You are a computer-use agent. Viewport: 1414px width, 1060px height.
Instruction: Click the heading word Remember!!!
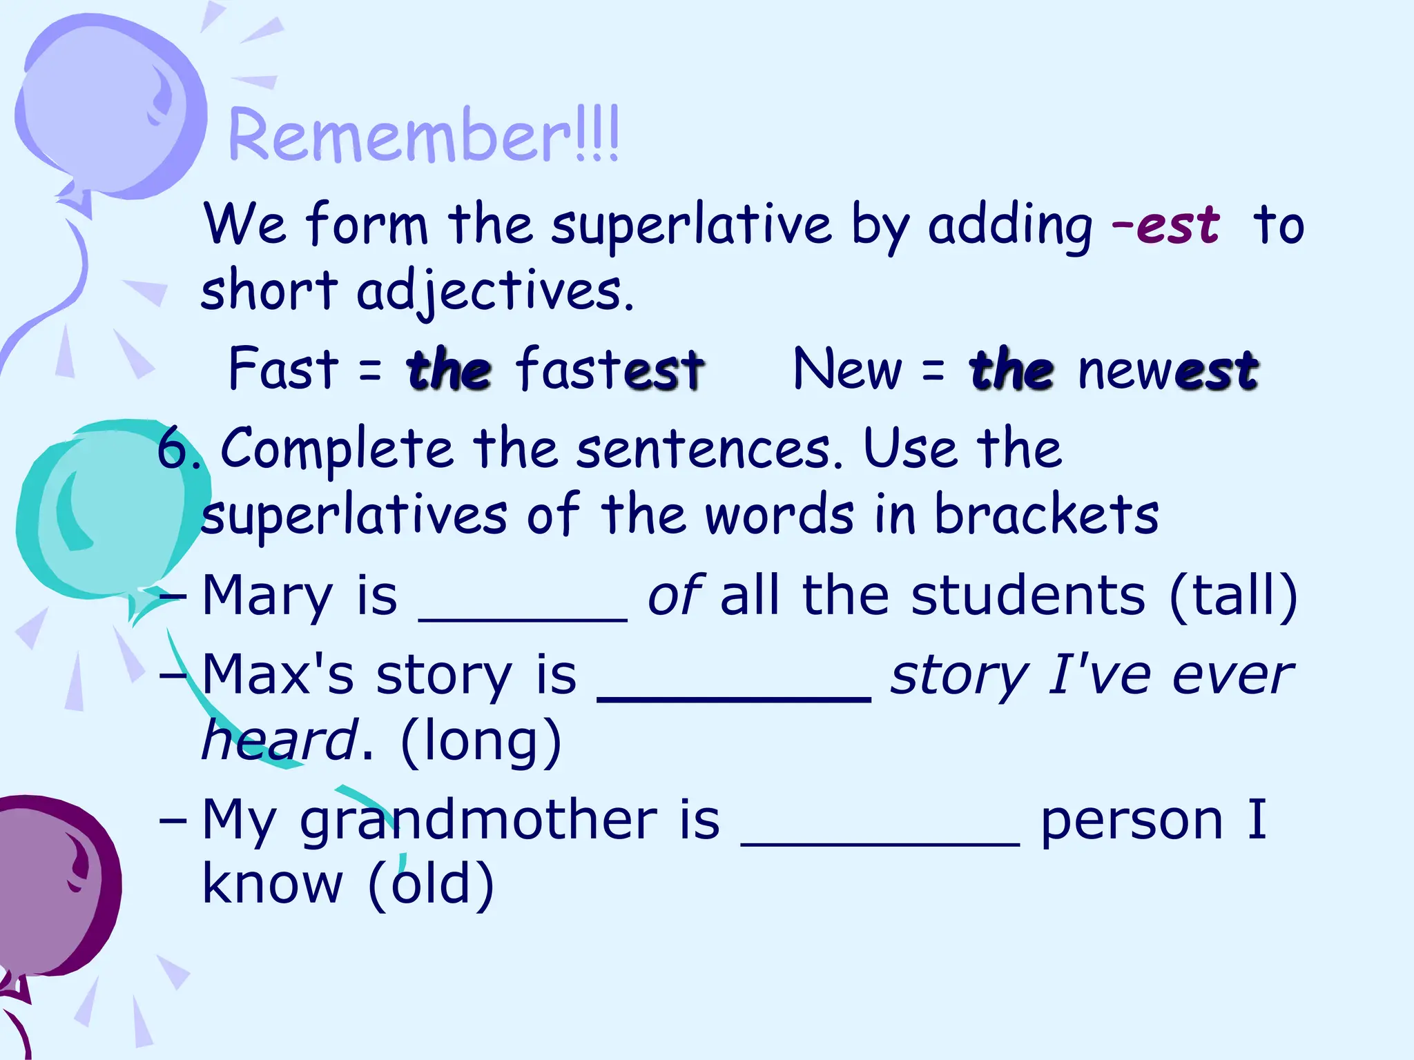pyautogui.click(x=423, y=136)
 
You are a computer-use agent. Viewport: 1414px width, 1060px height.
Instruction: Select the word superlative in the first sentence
pyautogui.click(x=691, y=225)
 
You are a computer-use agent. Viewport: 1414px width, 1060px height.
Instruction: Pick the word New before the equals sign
pyautogui.click(x=847, y=369)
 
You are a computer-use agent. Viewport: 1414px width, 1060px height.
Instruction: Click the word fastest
pyautogui.click(x=610, y=369)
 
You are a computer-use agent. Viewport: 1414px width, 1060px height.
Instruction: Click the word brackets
pyautogui.click(x=1047, y=515)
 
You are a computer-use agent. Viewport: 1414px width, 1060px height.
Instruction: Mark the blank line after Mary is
pyautogui.click(x=523, y=618)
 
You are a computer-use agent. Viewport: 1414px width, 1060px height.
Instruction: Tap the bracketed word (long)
pyautogui.click(x=481, y=740)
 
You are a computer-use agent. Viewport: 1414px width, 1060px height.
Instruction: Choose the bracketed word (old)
pyautogui.click(x=432, y=883)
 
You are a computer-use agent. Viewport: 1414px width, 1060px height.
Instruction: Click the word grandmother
pyautogui.click(x=478, y=821)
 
